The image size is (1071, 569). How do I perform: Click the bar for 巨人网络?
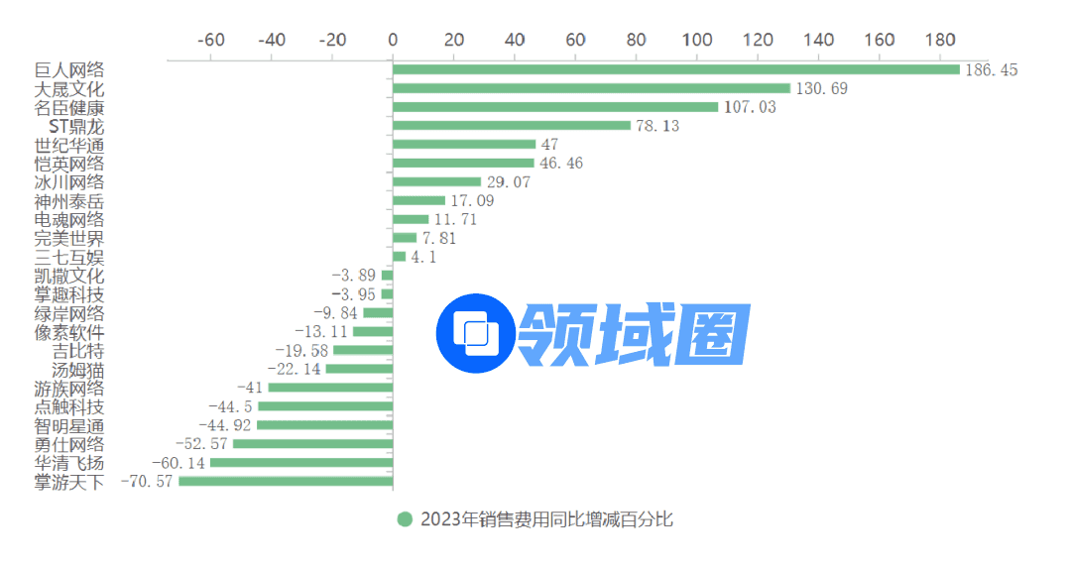click(676, 69)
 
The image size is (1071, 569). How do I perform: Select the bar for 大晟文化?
click(591, 88)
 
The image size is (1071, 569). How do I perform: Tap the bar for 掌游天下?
click(286, 482)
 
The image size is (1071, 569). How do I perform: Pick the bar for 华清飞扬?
click(301, 463)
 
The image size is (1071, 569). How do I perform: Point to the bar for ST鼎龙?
click(512, 126)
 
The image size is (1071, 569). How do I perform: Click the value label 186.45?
click(992, 69)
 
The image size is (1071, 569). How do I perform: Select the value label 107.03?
click(750, 107)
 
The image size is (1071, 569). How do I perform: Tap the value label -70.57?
click(146, 482)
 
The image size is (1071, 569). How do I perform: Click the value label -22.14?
click(295, 369)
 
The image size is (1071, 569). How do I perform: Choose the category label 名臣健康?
click(68, 107)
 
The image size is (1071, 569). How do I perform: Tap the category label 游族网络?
click(68, 388)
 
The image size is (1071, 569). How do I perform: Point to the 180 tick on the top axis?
click(941, 40)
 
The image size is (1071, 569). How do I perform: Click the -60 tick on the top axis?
click(211, 40)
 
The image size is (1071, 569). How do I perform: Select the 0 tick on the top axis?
click(393, 40)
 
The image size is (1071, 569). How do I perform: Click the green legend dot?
click(404, 519)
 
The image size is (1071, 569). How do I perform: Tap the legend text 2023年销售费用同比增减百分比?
click(546, 519)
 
